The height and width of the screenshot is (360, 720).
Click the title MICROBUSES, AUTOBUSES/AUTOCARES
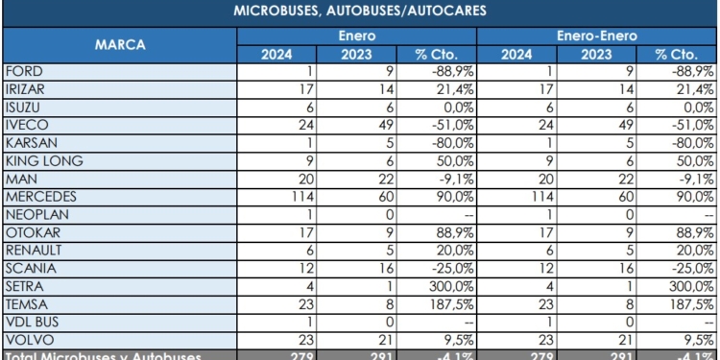point(360,12)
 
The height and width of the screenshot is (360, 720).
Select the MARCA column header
point(119,44)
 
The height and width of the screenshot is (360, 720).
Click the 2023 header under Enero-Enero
point(595,54)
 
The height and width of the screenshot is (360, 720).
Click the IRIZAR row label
point(26,88)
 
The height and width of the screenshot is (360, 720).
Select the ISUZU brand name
point(24,107)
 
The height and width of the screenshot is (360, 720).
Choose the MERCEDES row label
point(39,196)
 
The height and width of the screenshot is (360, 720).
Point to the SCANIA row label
point(29,267)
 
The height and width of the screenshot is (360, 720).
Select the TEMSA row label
point(26,303)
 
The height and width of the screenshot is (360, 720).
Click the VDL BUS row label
point(32,321)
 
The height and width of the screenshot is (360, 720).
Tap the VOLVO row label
point(27,338)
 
